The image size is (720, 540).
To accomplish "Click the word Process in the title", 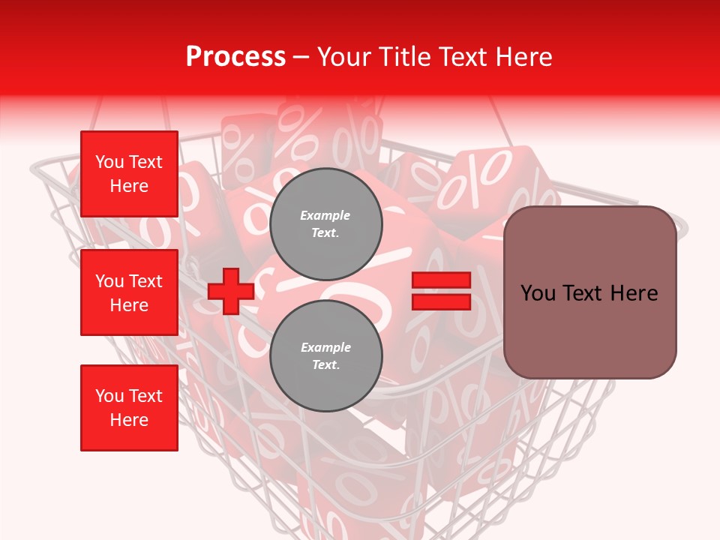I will [235, 57].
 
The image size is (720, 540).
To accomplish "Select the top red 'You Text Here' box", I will [129, 174].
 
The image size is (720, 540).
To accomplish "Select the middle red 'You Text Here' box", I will [129, 292].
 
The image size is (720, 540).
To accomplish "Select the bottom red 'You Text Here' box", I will [129, 407].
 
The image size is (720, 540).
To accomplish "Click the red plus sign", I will [231, 292].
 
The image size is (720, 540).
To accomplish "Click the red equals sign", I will [441, 291].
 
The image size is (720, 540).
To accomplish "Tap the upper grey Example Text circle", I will [325, 223].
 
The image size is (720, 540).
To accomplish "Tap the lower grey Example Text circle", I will [325, 355].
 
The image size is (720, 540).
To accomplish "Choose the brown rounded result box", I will [589, 292].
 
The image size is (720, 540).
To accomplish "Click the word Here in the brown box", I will [634, 293].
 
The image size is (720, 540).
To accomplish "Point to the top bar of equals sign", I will [441, 280].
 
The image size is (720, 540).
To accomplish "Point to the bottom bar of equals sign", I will [441, 301].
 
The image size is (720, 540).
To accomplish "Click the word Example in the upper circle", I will [325, 215].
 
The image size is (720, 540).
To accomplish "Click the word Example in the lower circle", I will [325, 347].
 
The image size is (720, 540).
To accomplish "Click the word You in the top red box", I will [109, 162].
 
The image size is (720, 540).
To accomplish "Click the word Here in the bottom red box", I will [129, 420].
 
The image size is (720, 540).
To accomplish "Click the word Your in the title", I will [345, 57].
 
